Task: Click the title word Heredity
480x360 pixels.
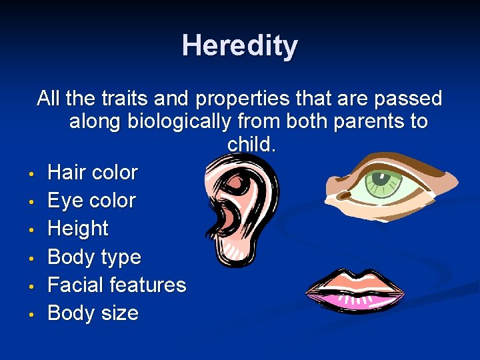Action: coord(239,46)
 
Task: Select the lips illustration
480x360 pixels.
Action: coord(355,291)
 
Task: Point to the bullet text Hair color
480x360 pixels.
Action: coord(93,173)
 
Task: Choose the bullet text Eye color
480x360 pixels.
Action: coord(92,201)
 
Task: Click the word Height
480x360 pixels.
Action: coord(78,229)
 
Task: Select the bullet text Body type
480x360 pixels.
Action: coord(95,257)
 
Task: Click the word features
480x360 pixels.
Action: coord(149,285)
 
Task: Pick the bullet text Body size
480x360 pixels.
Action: coord(93,313)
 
